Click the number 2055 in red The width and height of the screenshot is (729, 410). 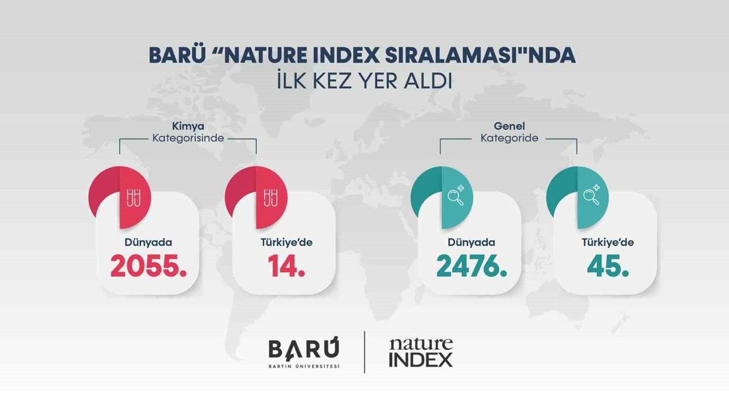click(x=148, y=266)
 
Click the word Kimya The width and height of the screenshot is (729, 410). click(x=188, y=126)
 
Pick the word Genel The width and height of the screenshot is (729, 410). click(x=509, y=126)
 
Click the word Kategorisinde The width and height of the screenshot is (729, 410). click(x=188, y=138)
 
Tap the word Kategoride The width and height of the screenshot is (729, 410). click(x=509, y=138)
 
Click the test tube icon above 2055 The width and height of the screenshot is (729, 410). click(x=134, y=198)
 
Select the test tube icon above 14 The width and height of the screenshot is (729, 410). click(x=271, y=198)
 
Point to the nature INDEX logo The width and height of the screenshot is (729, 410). click(x=420, y=352)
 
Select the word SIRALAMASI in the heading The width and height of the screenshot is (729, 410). click(x=449, y=55)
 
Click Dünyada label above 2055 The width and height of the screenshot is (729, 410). click(x=148, y=243)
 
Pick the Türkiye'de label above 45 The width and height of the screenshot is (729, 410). click(x=608, y=243)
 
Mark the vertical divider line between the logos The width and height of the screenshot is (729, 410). click(x=364, y=352)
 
